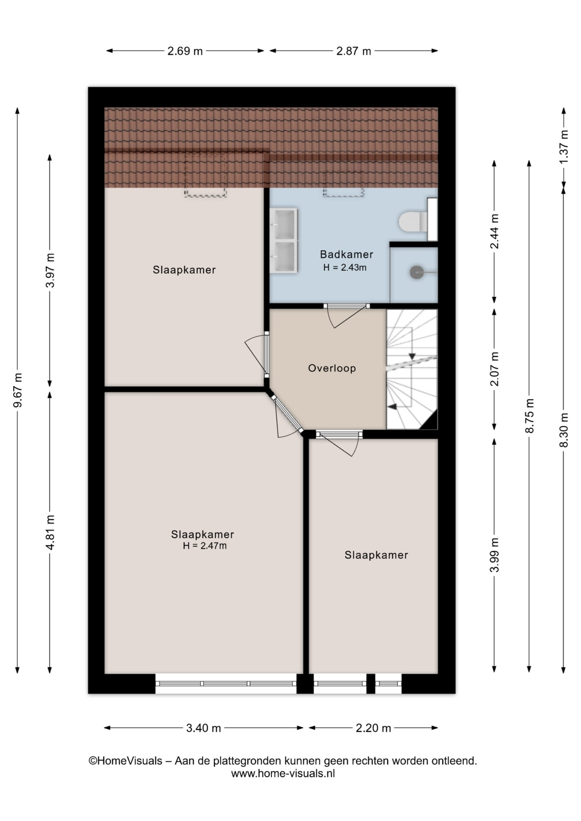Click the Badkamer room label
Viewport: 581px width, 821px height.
pyautogui.click(x=347, y=254)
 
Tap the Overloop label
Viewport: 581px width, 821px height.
pyautogui.click(x=332, y=368)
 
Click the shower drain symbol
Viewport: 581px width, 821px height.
pyautogui.click(x=417, y=272)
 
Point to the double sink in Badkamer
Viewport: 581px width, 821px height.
pyautogui.click(x=283, y=240)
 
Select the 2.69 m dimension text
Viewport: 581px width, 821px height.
pyautogui.click(x=185, y=51)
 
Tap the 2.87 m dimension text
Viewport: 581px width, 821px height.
pyautogui.click(x=353, y=51)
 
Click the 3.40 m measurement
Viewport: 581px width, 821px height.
pyautogui.click(x=204, y=728)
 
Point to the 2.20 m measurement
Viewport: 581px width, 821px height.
pyautogui.click(x=373, y=728)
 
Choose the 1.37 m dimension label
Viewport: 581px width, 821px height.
pyautogui.click(x=564, y=146)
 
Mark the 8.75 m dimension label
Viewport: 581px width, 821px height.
pyautogui.click(x=530, y=416)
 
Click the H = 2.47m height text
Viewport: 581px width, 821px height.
pyautogui.click(x=205, y=546)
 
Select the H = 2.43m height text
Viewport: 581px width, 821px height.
pyautogui.click(x=345, y=268)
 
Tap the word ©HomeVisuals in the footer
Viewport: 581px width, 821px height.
pyautogui.click(x=125, y=761)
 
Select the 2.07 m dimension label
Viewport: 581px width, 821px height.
pyautogui.click(x=495, y=369)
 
